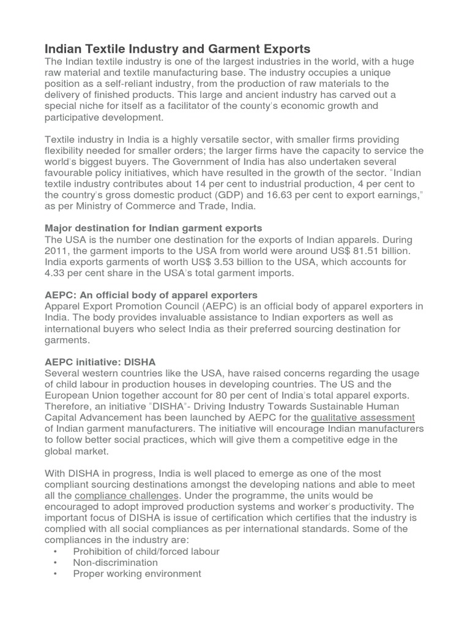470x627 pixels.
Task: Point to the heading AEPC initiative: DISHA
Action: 100,362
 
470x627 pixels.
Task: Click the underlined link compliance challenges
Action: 127,495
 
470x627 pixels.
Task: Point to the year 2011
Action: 58,250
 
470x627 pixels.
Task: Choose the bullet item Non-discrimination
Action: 115,562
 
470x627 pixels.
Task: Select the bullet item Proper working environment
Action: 136,574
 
